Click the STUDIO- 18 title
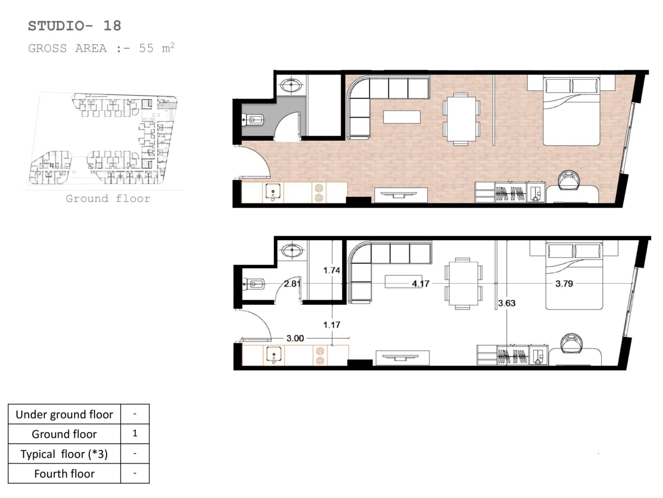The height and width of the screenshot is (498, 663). [75, 26]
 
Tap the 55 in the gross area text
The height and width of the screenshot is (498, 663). [146, 49]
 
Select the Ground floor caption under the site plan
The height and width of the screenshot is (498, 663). [108, 199]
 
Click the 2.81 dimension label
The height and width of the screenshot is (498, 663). [292, 283]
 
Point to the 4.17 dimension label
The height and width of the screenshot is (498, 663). [421, 283]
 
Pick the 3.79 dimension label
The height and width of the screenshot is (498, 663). [564, 283]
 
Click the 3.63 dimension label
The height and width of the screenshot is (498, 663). [507, 303]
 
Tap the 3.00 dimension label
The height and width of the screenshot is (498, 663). [295, 338]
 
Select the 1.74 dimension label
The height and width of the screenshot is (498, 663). [331, 270]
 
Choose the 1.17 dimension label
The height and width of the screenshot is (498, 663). [331, 325]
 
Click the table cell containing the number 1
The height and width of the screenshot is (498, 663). [135, 434]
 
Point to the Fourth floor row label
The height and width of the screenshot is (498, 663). [64, 474]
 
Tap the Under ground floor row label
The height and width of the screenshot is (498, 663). [64, 415]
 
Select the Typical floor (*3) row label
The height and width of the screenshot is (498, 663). [64, 454]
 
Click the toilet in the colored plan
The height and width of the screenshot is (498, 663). [253, 120]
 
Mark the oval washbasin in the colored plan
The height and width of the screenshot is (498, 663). [291, 85]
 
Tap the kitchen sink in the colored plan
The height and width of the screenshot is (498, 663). [273, 192]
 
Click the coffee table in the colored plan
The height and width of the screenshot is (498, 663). [402, 117]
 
